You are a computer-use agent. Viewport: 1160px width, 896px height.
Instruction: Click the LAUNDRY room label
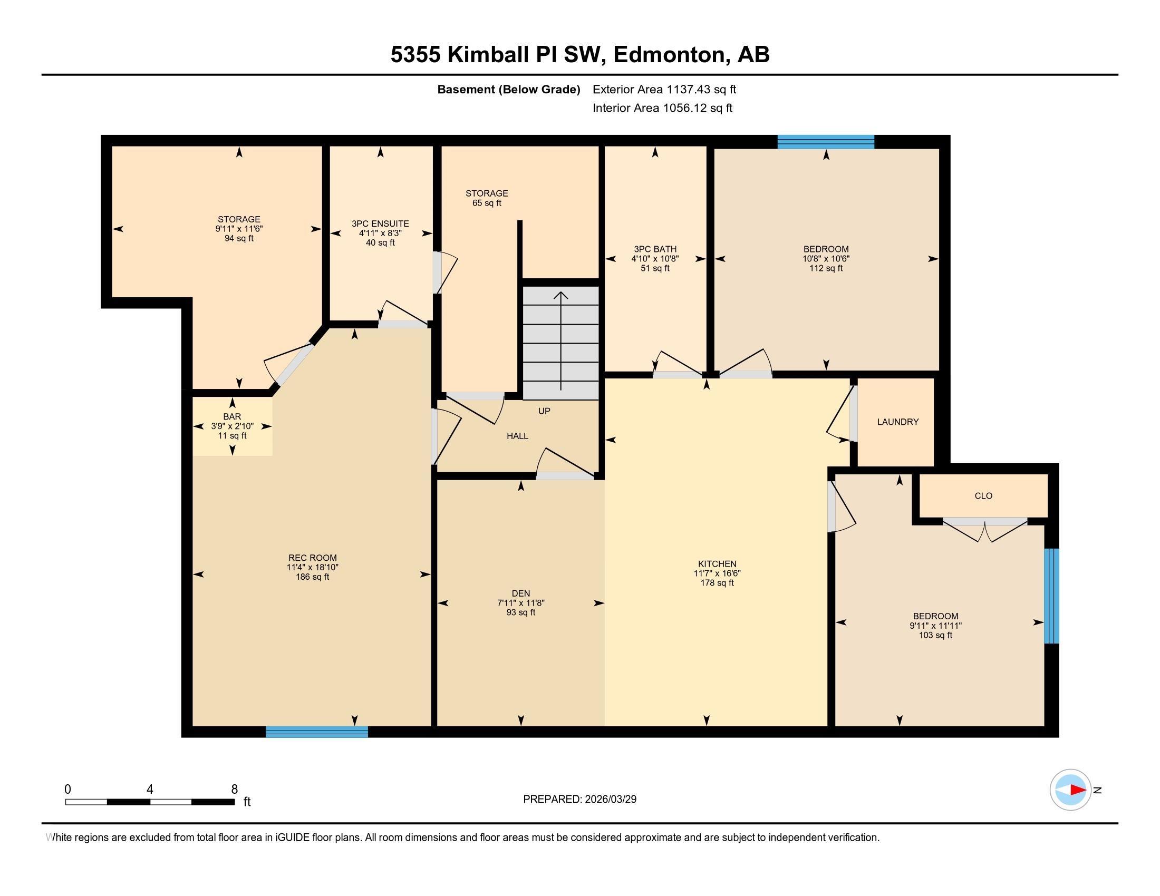897,422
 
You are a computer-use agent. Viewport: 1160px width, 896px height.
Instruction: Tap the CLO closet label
983,496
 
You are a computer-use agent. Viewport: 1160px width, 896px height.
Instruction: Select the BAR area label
232,417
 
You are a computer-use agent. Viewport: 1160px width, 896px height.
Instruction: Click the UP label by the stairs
544,411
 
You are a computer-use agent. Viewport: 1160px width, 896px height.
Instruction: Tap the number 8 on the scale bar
234,790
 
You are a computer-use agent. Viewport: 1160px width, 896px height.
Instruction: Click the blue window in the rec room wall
316,732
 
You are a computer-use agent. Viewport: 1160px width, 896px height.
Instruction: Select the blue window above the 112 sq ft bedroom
825,142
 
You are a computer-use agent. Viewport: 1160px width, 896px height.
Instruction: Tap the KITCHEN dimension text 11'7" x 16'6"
717,573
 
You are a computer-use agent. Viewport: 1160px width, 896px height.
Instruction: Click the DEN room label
520,593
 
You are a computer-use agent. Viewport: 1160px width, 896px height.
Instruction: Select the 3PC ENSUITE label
380,224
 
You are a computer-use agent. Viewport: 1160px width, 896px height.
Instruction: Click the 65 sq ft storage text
487,203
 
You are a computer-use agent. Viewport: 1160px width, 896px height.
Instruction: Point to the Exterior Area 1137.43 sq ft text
664,90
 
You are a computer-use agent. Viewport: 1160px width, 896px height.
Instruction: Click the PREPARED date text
579,800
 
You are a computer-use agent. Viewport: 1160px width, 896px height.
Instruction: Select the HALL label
517,436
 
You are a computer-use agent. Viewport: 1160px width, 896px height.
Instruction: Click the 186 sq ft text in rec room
312,577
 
